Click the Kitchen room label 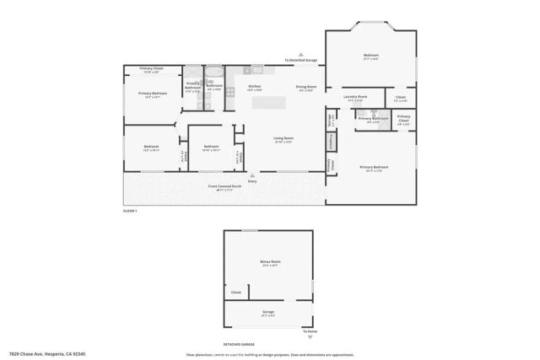coord(254,86)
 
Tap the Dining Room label coord(305,86)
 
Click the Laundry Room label coord(354,98)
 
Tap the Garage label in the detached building coord(268,312)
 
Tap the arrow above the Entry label coord(252,175)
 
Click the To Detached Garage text coord(300,61)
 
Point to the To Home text coord(311,331)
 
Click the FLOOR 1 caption coord(130,210)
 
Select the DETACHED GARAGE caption coord(240,345)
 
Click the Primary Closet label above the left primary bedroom coord(152,68)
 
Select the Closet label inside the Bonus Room coord(236,292)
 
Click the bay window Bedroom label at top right coord(370,56)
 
